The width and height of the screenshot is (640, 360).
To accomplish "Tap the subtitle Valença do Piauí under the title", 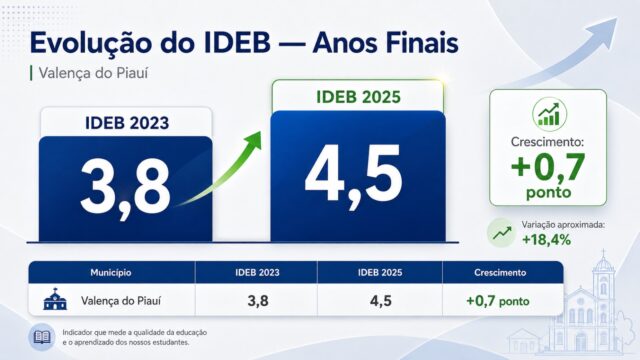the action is (x=93, y=73).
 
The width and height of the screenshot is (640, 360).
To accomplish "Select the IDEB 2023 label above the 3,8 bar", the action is (x=127, y=123).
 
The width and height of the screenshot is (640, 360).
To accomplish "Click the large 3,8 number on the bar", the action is (x=125, y=189).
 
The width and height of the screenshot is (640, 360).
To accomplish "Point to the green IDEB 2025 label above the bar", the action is (x=358, y=97).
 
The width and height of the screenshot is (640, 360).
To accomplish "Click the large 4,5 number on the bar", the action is (x=353, y=176).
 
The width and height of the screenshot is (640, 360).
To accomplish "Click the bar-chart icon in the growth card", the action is (x=549, y=114).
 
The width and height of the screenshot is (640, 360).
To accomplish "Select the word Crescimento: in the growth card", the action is (x=548, y=142).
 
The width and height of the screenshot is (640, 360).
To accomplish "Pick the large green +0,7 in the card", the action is (x=548, y=167).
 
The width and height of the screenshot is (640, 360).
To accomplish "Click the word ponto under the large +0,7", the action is (x=548, y=193).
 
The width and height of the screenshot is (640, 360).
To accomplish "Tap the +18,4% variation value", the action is (x=547, y=240).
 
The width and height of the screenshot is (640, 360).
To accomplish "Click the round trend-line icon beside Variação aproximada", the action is (x=502, y=233).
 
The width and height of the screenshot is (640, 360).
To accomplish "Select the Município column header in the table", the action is (x=111, y=272).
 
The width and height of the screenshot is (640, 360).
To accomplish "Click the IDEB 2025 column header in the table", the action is (x=380, y=272).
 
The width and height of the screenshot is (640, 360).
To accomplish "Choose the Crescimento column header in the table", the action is (x=500, y=272).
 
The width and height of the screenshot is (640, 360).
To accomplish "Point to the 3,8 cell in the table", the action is (x=258, y=301).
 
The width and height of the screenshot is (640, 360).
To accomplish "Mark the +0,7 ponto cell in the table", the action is (x=498, y=301).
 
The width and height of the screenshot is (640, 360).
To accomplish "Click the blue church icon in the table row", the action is (x=55, y=299).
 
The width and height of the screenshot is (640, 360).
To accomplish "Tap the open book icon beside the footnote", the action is (x=42, y=337).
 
